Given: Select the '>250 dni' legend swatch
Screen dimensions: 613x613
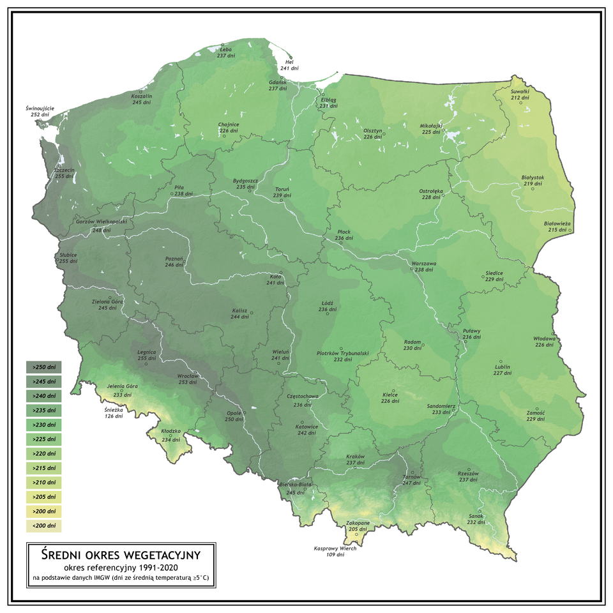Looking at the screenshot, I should (43, 367).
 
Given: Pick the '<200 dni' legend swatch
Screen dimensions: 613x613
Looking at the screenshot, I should (43, 526).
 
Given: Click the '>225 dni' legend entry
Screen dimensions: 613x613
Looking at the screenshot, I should (43, 439).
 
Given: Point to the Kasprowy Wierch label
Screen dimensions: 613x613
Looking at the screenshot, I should (335, 549).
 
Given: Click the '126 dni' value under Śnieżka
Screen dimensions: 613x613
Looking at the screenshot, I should (114, 416).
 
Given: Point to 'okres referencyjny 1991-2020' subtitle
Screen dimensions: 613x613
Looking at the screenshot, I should (121, 566).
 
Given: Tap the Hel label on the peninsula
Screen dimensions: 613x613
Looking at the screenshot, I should (289, 61).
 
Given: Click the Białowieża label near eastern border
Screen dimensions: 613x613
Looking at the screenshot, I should (557, 223).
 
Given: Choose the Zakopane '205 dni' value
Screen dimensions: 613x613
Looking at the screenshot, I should (358, 529).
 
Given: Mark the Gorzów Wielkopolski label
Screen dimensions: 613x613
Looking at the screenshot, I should (102, 222).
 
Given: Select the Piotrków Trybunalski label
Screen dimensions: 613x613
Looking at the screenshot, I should (343, 353).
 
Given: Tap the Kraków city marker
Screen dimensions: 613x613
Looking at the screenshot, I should (355, 468).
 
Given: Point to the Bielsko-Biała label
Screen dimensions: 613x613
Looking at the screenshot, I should (296, 485).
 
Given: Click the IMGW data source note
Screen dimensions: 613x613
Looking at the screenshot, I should (121, 578).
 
